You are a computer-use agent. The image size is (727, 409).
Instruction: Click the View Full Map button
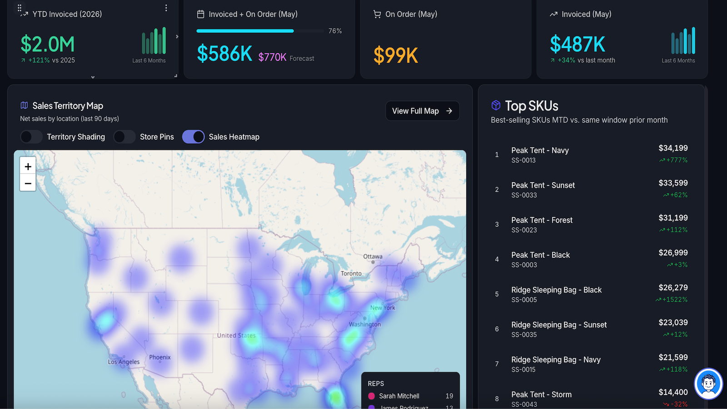point(422,111)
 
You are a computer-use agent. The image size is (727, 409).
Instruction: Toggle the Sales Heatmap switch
point(193,137)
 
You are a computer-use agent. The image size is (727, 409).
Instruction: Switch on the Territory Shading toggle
point(31,137)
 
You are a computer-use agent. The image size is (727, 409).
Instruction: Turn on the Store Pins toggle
point(124,137)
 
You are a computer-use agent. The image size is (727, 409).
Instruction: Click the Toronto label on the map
point(351,273)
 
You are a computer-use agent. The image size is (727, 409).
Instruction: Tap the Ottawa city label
point(373,256)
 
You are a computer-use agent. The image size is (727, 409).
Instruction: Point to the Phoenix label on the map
point(159,357)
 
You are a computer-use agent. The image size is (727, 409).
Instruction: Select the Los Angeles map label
point(124,362)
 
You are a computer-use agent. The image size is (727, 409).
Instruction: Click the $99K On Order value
point(395,55)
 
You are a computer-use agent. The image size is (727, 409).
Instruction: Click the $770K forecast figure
point(272,57)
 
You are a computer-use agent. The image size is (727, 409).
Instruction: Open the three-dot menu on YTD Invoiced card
point(166,8)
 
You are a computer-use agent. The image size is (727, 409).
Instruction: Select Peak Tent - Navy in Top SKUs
point(540,150)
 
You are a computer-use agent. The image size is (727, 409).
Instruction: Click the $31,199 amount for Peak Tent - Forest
point(673,218)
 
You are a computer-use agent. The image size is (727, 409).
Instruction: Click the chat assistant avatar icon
point(708,384)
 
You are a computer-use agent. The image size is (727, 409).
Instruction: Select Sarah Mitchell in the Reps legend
point(399,396)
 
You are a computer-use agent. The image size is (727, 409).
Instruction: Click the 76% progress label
point(335,31)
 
